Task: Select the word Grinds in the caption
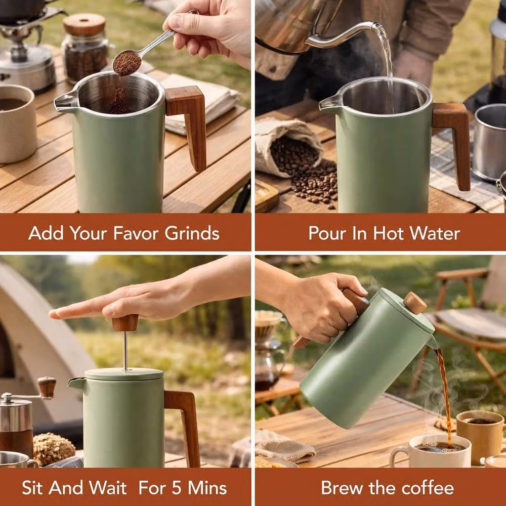192,233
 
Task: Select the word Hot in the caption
390,233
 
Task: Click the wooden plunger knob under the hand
125,323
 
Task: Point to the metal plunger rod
125,351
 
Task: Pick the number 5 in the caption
176,488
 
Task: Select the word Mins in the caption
207,488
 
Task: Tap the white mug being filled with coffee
431,451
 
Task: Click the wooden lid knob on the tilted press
415,303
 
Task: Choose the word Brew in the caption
342,488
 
